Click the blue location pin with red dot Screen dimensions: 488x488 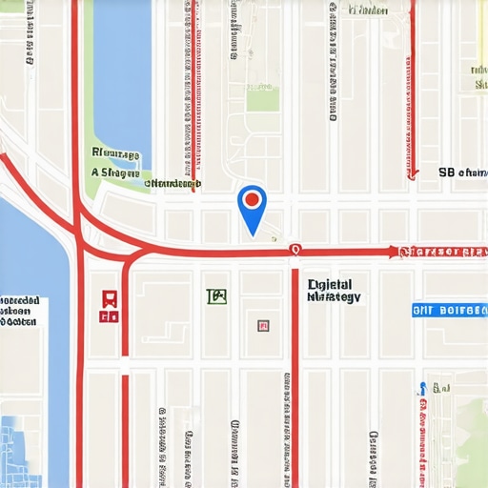click(252, 208)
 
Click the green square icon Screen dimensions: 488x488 click(217, 296)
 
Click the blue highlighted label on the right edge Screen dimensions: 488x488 click(449, 311)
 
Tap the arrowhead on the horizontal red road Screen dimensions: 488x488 click(392, 252)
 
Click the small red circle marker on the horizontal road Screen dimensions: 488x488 click(295, 250)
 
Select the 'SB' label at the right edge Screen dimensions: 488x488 click(461, 173)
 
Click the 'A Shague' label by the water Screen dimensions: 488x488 click(116, 173)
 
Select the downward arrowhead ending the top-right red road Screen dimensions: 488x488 click(413, 173)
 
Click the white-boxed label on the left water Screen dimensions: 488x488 click(21, 311)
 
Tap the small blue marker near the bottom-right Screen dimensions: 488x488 click(421, 389)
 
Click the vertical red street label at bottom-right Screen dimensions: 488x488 click(421, 434)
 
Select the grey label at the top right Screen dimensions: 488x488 click(368, 10)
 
